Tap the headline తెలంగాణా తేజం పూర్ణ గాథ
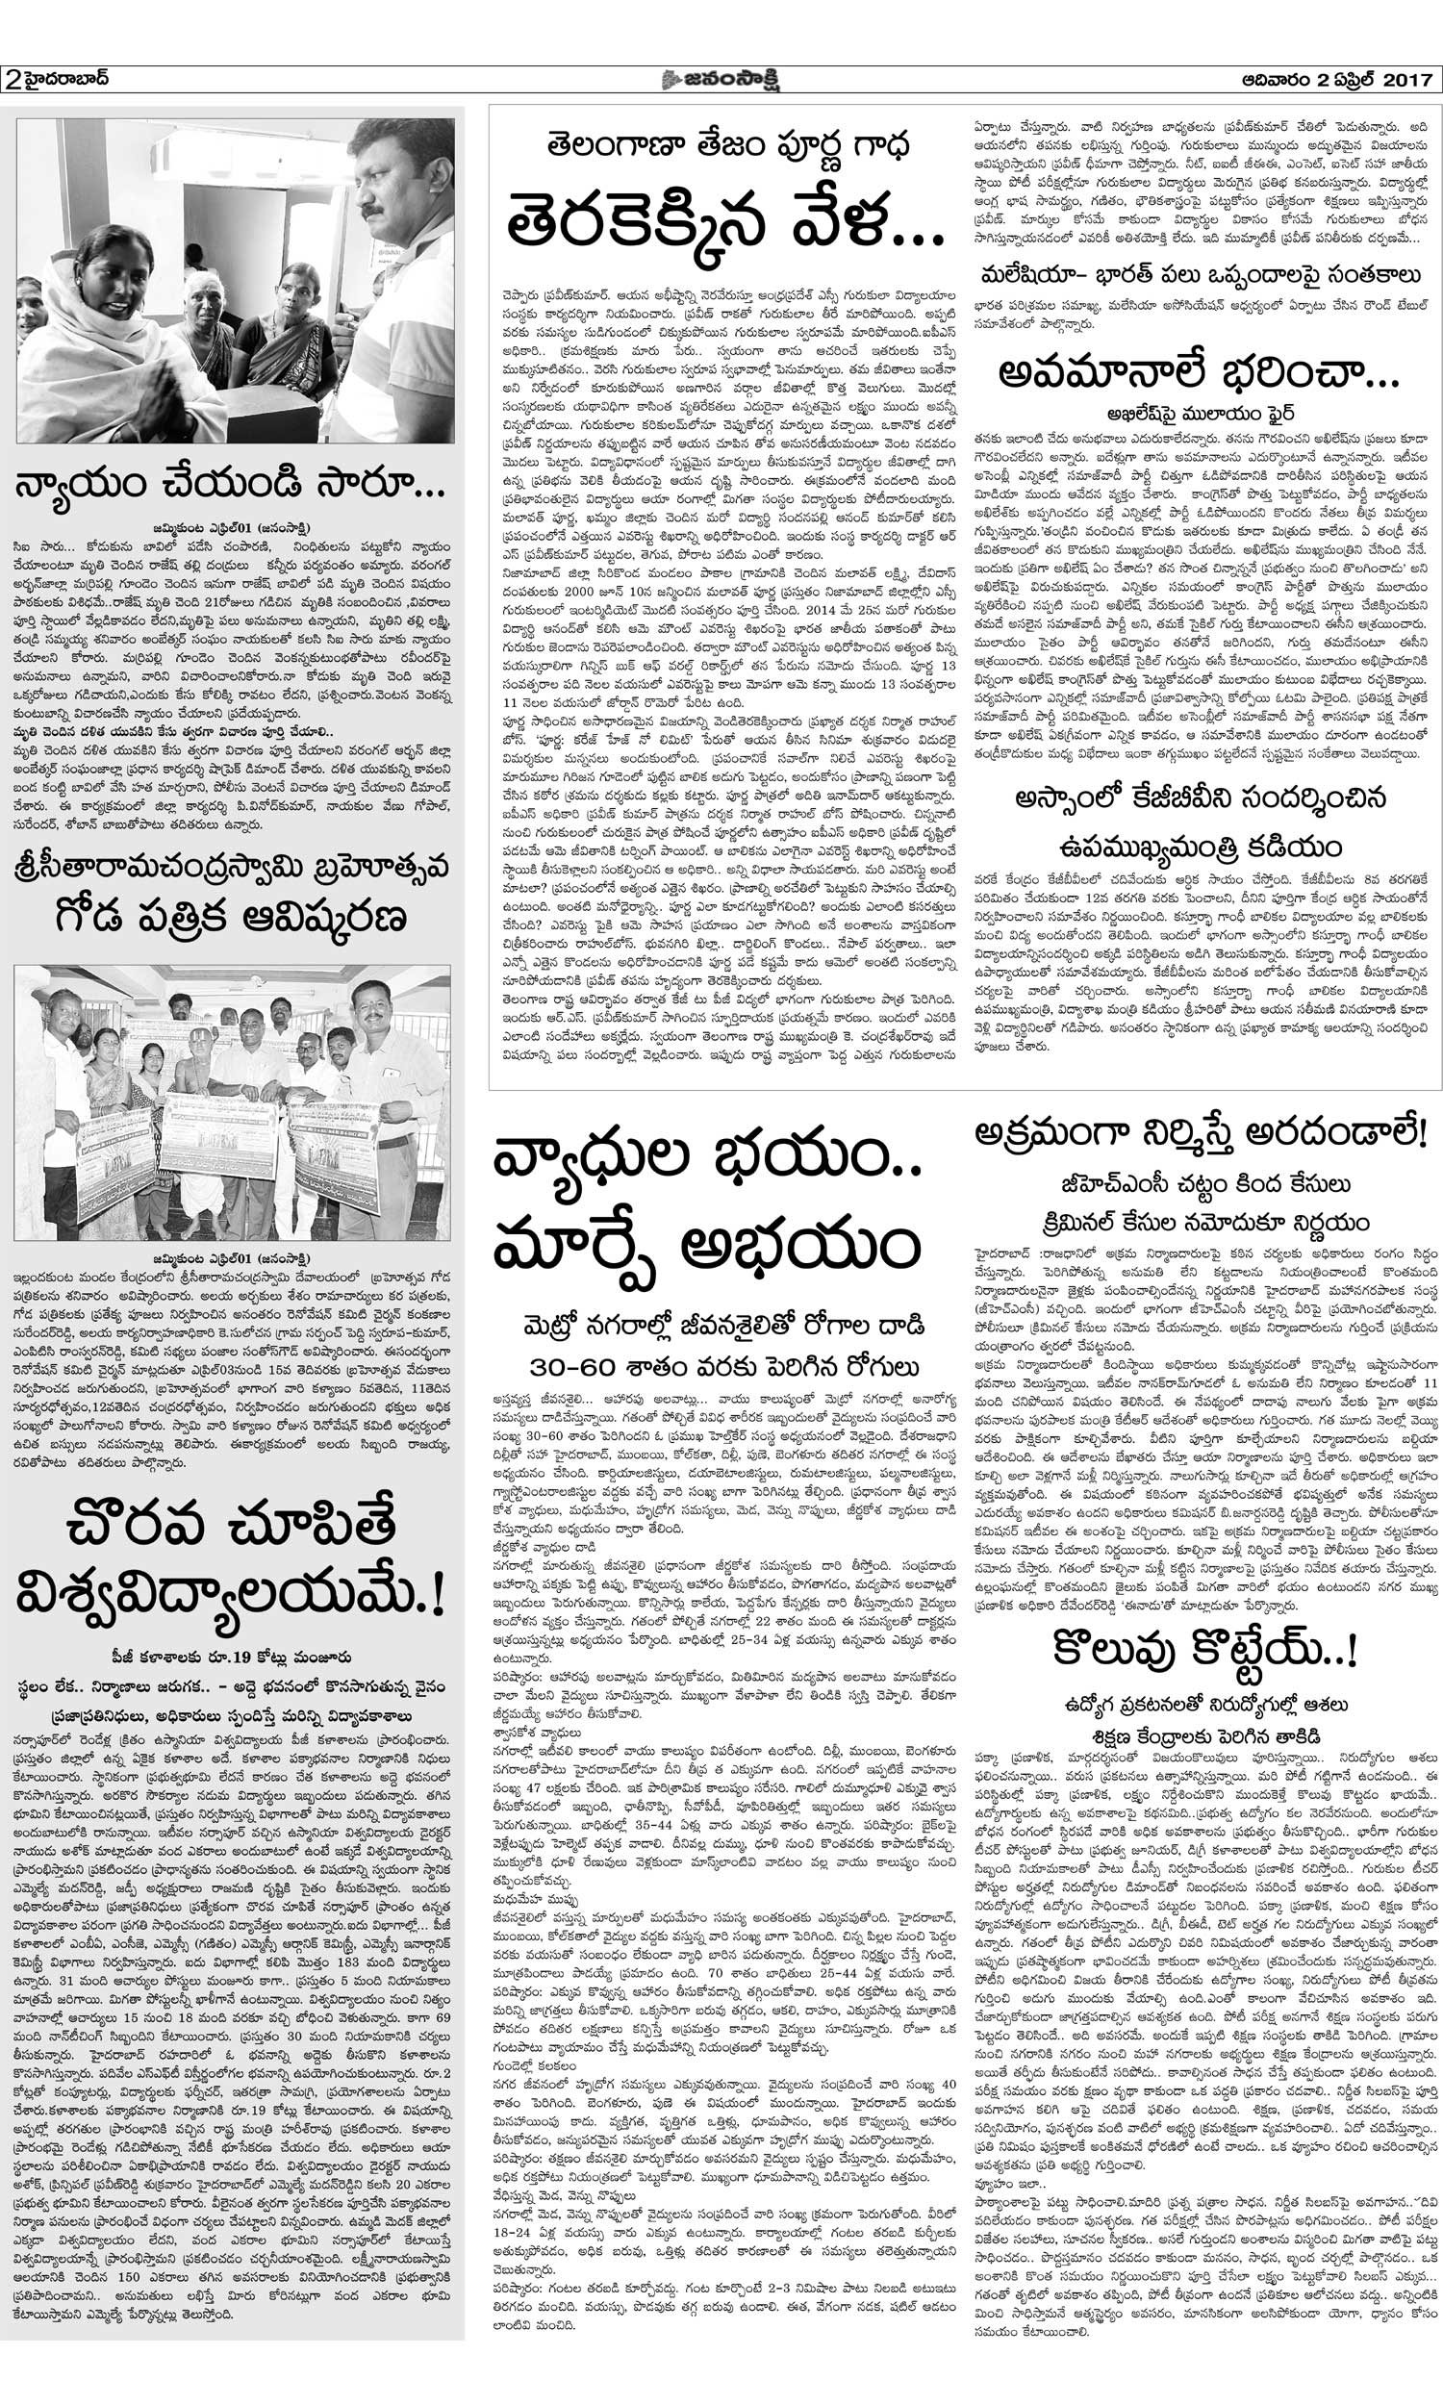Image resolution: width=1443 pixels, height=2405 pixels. tap(724, 146)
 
